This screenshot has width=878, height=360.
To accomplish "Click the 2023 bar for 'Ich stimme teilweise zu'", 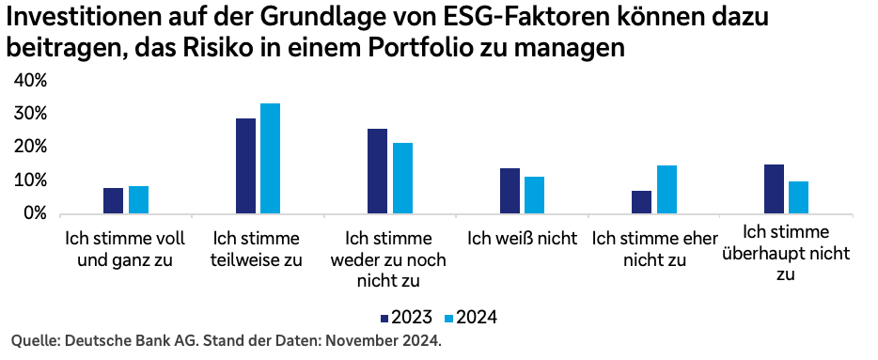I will pos(245,166).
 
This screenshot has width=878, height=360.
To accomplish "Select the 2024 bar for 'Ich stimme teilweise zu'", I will pos(271,159).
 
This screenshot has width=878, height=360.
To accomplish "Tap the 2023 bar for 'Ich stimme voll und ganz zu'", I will pos(113,201).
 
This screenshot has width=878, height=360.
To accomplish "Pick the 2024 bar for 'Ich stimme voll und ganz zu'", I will pos(138,200).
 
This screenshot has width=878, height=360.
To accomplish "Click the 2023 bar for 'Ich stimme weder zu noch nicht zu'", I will pos(377,171).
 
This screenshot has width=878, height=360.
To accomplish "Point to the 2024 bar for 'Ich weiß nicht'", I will pos(535,196).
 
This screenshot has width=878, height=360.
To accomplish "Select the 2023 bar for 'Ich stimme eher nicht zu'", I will pos(642,202).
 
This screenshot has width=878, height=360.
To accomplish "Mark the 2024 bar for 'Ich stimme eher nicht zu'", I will pos(667,190).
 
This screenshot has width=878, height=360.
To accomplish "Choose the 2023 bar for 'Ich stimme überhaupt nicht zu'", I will pos(774,189).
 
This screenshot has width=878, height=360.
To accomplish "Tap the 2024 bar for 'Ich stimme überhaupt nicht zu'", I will pos(799,197).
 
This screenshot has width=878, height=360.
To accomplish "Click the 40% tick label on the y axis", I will pos(30,81).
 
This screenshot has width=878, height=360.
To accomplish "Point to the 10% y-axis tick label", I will pos(30,180).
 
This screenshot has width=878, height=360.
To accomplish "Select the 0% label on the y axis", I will pos(34,213).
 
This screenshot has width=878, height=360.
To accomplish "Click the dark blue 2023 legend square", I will pos(384,318).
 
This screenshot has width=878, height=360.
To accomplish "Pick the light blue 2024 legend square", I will pos(447,318).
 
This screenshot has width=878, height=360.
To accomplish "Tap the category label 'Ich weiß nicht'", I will pos(522,239).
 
